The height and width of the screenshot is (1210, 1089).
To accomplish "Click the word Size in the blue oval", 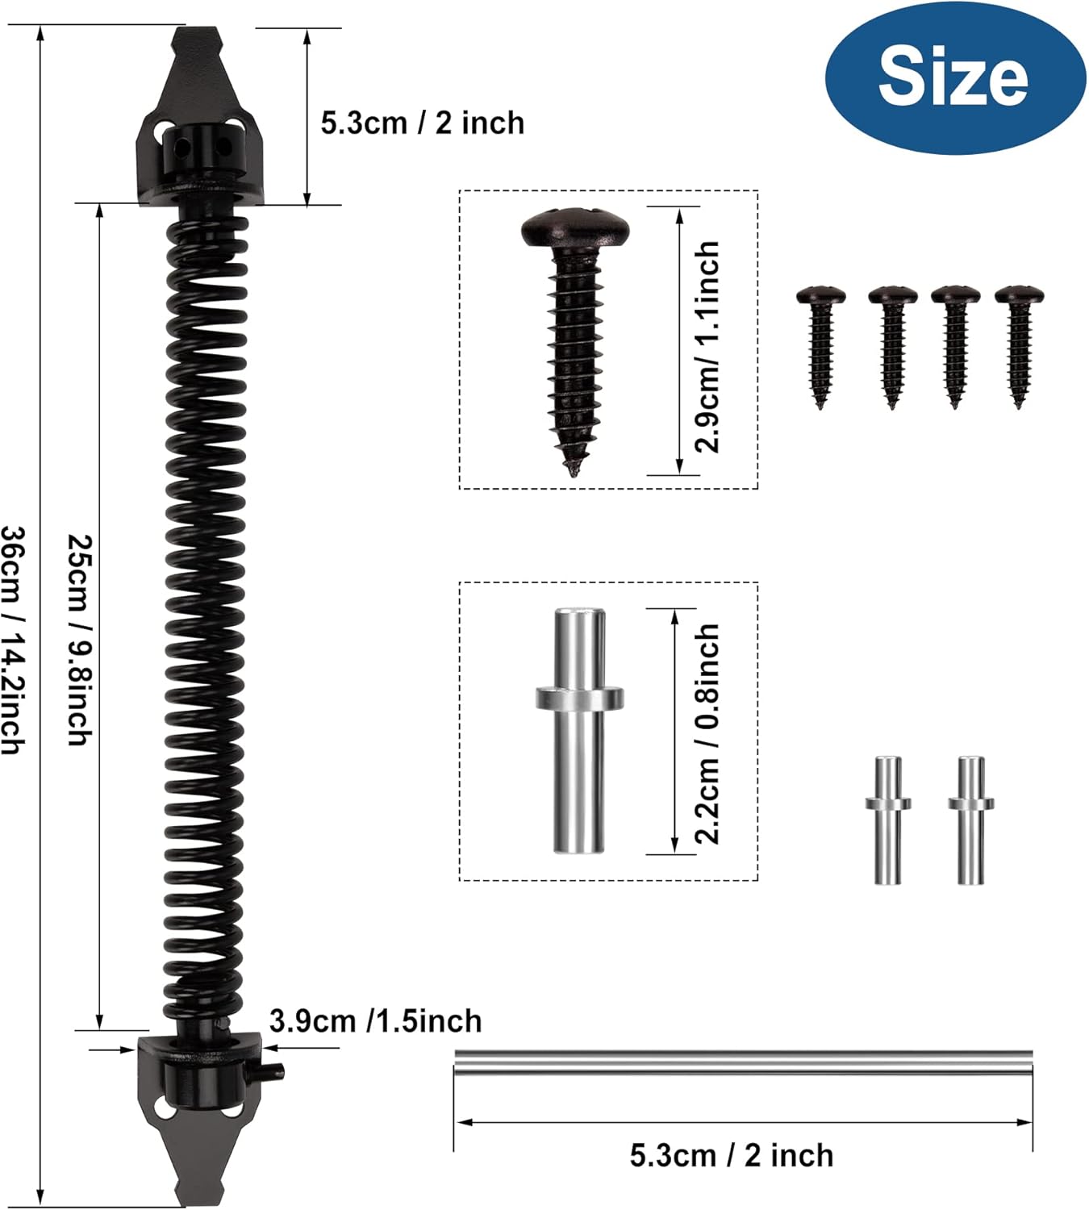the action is pos(953,77).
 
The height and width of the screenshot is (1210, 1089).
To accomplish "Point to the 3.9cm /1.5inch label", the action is pos(375,1021).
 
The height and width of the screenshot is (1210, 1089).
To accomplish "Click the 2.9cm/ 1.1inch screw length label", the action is pos(707,347).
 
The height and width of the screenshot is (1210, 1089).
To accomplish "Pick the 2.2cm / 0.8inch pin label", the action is pos(707,734).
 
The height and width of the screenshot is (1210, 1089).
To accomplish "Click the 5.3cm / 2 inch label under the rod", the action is pos(732,1155).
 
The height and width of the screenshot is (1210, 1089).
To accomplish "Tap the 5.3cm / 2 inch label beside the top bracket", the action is pos(423,123).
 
